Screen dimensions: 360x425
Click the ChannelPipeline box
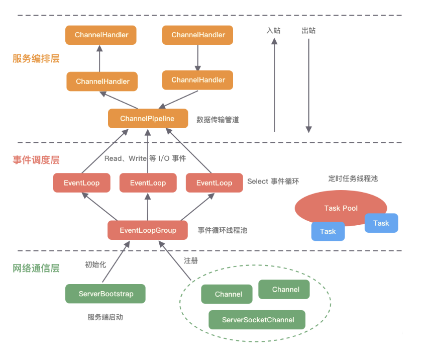pos(148,119)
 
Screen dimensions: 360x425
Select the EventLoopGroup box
pos(148,230)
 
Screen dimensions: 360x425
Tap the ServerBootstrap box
pos(105,294)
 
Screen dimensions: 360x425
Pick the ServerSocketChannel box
pos(257,320)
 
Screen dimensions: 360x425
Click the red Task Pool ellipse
pos(341,208)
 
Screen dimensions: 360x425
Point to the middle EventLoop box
pos(148,183)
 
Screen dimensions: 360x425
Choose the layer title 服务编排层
pos(36,58)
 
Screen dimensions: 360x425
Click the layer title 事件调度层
pos(36,160)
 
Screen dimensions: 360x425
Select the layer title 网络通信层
pos(36,268)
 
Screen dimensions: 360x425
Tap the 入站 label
pos(273,31)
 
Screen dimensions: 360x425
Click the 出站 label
pos(308,31)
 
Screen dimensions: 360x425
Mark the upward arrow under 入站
pos(274,85)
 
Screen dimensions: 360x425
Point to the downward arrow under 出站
pos(308,85)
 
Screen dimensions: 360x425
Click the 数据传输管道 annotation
pos(218,120)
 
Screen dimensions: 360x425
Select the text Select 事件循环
pos(273,182)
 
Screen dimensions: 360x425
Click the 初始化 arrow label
pos(95,264)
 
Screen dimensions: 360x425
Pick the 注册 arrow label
pos(191,261)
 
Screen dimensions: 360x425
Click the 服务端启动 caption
pos(105,317)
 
